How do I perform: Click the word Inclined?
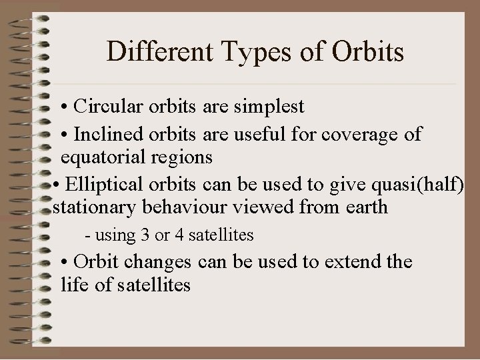[x=105, y=134]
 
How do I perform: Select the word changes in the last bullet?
[x=166, y=261]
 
